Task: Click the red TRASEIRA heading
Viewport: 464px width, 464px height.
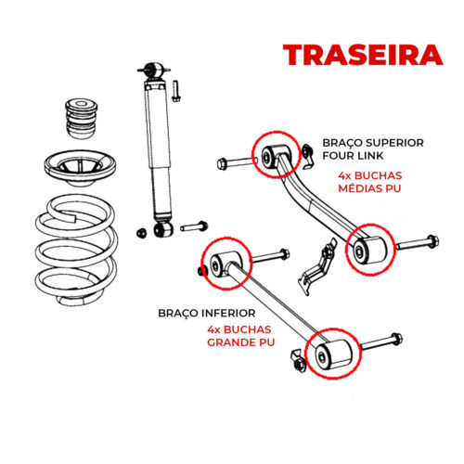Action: [363, 55]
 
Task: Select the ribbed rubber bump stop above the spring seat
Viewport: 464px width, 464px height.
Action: [82, 119]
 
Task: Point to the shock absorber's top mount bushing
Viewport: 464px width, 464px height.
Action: [154, 71]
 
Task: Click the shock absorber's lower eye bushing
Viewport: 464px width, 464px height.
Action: [163, 229]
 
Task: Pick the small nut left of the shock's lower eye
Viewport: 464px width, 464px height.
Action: [141, 233]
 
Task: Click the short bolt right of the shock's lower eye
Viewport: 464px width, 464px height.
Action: [194, 226]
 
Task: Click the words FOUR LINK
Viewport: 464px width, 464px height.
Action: [353, 155]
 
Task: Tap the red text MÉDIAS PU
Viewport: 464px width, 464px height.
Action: [369, 187]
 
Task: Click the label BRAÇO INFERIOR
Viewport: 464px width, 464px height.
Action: [207, 313]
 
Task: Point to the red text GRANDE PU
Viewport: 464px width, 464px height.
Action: [240, 342]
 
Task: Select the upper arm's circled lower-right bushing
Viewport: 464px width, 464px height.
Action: [369, 250]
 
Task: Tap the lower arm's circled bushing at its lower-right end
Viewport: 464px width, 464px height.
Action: [333, 354]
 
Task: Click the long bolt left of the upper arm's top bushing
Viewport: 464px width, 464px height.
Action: [237, 162]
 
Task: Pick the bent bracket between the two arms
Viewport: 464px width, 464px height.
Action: [317, 266]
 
